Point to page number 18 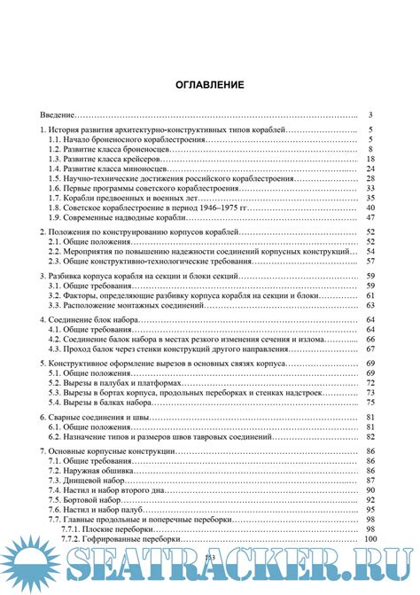pyautogui.click(x=371, y=158)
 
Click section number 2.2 pyautogui.click(x=55, y=252)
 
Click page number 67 pyautogui.click(x=371, y=349)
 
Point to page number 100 pyautogui.click(x=369, y=538)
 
